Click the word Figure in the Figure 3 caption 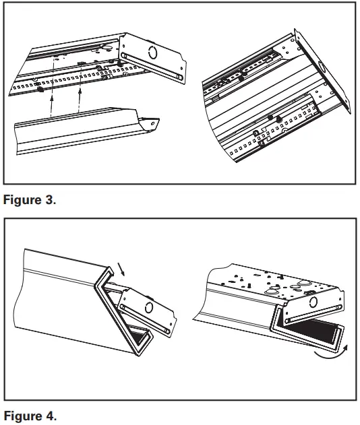pos(22,200)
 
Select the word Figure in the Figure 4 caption pos(22,416)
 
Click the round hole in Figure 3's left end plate pos(152,53)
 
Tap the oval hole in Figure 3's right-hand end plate pos(322,68)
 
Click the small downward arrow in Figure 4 pos(121,269)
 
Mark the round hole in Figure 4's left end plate pos(149,307)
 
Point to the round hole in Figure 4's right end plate pos(313,301)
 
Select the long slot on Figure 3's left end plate pos(152,67)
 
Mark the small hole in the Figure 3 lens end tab pos(153,124)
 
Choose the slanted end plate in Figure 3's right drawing pos(322,71)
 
